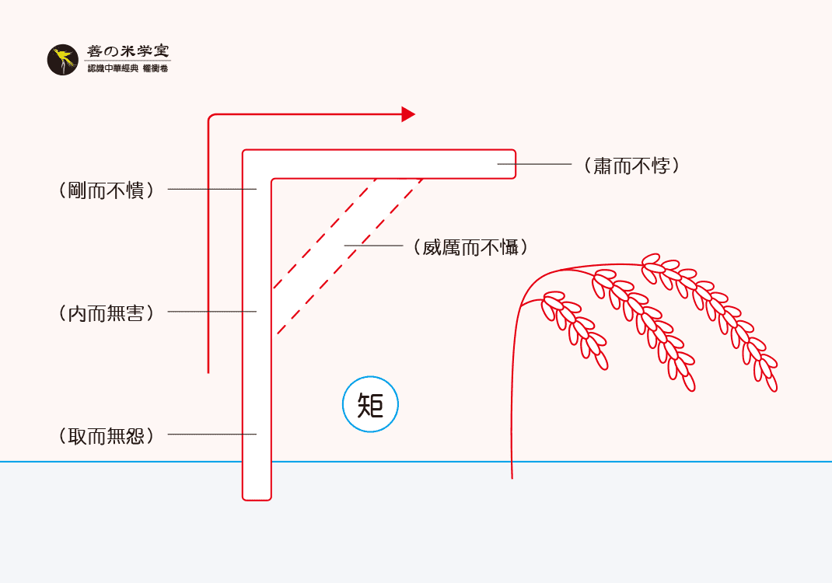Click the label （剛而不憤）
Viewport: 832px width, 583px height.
tap(106, 190)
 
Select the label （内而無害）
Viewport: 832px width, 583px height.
tap(106, 312)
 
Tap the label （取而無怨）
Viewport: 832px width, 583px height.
tap(106, 435)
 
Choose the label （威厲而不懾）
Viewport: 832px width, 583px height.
tap(471, 247)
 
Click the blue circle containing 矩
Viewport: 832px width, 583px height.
tap(370, 405)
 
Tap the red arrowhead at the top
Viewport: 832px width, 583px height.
tap(407, 114)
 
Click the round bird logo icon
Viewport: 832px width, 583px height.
tap(62, 61)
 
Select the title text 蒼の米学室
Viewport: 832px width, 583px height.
tap(128, 52)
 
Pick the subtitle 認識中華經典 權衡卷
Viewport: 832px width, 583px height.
tap(128, 69)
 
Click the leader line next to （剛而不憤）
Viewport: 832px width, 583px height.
tap(211, 190)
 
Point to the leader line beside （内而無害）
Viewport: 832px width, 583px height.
tap(211, 312)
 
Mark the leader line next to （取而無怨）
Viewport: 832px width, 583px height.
tap(211, 434)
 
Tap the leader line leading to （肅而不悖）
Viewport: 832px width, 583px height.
tap(534, 165)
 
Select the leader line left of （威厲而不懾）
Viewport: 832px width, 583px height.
tap(372, 246)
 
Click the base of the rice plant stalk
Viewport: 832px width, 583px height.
tap(512, 475)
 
